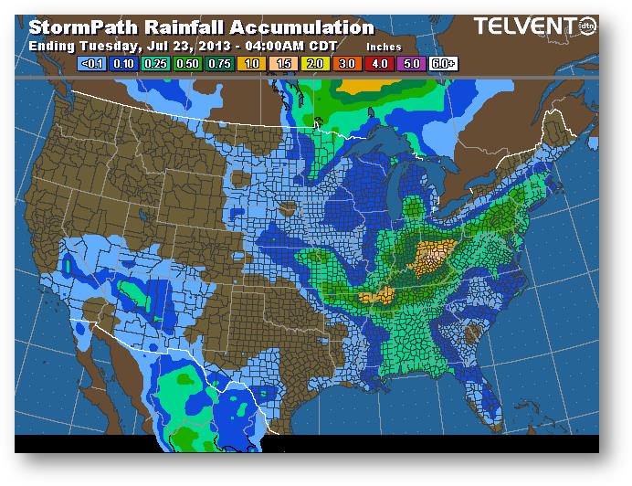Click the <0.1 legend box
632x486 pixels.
[x=91, y=63]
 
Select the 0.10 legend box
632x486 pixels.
[x=124, y=63]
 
